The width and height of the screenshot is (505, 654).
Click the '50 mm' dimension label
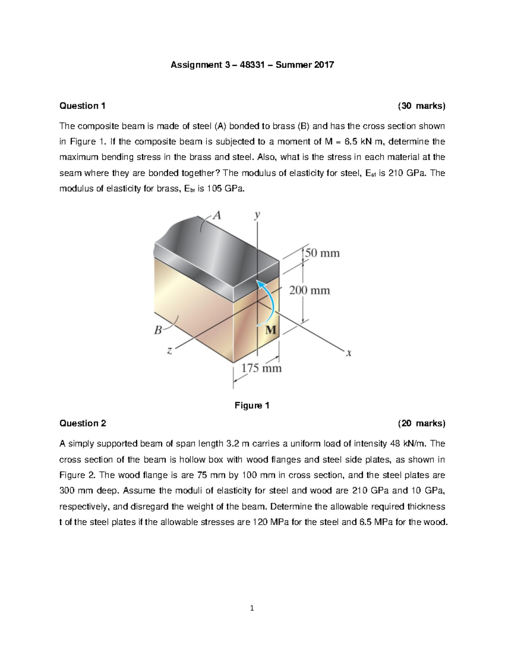322,253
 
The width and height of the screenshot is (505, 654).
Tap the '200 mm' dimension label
309,290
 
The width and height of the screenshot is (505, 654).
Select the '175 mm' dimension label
261,368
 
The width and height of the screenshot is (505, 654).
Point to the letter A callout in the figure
216,216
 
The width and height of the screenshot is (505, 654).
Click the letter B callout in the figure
158,330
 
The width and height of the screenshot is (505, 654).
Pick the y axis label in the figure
257,215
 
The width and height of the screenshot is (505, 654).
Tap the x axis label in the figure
348,353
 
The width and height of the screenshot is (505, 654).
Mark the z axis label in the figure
169,350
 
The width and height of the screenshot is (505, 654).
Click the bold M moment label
271,330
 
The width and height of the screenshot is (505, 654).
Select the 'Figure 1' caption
252,406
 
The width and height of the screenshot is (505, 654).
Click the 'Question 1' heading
82,106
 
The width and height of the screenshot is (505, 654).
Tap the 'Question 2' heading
83,423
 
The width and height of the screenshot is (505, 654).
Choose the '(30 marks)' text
422,106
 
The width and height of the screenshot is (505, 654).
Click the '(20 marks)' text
422,423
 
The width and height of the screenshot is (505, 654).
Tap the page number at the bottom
252,608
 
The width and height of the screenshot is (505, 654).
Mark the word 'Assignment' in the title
196,65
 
